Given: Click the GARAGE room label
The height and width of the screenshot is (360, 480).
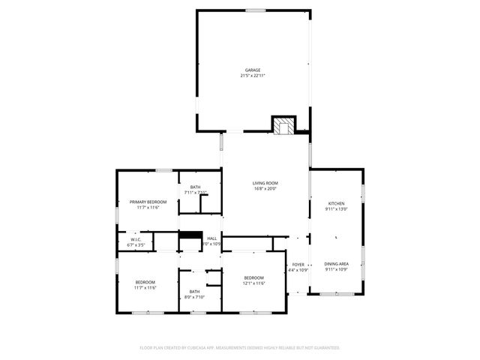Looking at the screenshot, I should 252,70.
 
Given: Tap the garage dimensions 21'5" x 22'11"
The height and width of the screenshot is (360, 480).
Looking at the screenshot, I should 252,75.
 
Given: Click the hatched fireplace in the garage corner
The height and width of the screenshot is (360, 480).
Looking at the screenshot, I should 283,125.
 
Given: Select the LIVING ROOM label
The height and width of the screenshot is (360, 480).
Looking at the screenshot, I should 265,183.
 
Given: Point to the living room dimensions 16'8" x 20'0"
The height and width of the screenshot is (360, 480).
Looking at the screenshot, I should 265,189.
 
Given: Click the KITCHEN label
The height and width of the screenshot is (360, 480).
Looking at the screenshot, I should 336,204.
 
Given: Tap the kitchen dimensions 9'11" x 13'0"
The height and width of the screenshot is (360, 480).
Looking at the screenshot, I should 336,209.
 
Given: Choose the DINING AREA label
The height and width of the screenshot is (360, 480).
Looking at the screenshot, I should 336,263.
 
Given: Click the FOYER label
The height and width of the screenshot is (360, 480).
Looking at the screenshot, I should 298,264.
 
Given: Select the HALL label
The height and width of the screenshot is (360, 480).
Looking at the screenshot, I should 212,238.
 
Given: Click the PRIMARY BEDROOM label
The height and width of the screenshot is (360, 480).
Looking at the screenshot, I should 148,202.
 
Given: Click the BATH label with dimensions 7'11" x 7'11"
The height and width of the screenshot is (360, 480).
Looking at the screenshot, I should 195,187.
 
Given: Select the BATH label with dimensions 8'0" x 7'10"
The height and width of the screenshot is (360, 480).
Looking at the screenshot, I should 194,291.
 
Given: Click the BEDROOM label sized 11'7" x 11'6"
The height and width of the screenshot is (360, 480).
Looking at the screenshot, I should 145,282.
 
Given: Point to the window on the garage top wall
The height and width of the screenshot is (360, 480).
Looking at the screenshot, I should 256,10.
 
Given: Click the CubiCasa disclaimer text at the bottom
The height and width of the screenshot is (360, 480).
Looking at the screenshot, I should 240,348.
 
